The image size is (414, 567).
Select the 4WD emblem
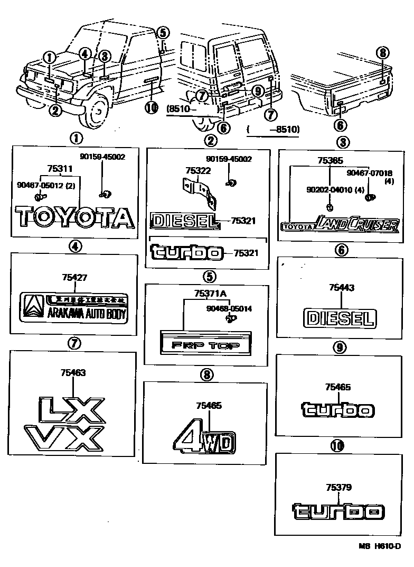(x=204, y=438)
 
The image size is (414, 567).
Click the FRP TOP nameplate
(x=205, y=346)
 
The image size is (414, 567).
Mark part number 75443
(x=341, y=288)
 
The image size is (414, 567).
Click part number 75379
(x=338, y=487)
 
